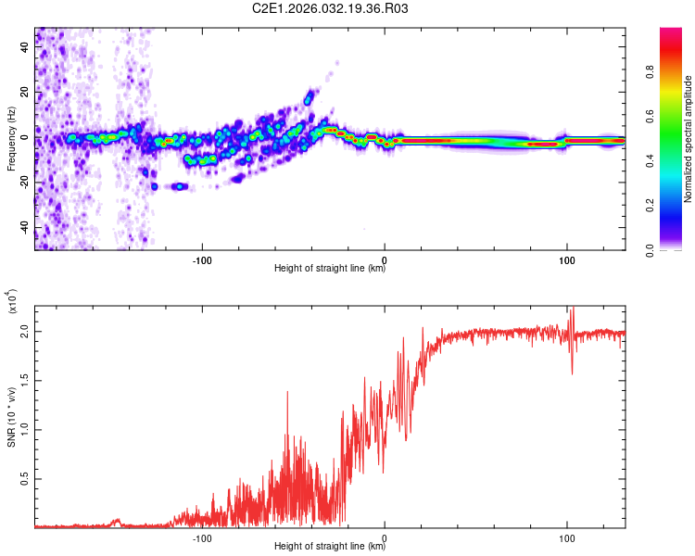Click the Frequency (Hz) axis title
10,138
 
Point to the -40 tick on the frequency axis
24,227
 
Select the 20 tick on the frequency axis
24,92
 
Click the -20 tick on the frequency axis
24,183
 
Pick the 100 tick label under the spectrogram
566,259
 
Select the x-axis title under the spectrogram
330,270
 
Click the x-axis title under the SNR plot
330,548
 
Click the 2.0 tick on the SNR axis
24,331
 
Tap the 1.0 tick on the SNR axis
24,429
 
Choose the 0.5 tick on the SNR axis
24,478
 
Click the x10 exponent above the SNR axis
12,303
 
